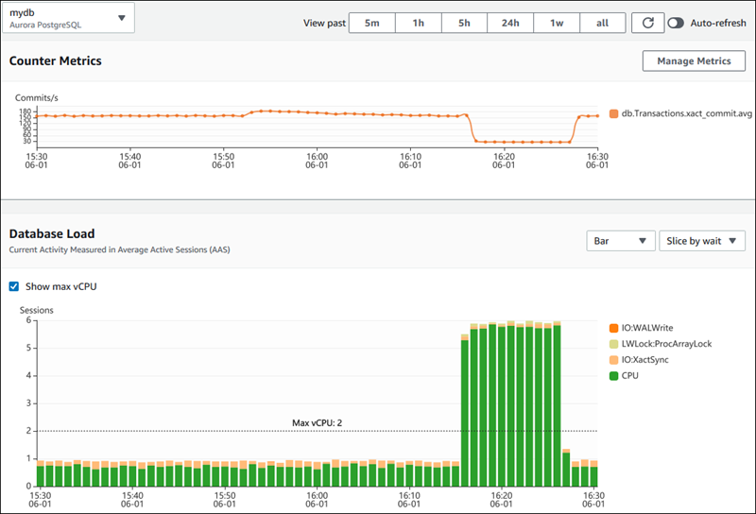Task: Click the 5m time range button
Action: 372,23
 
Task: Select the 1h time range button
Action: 418,23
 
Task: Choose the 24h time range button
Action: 510,23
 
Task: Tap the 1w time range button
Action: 557,23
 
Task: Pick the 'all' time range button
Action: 602,23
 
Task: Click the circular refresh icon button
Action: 646,23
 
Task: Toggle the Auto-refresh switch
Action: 677,23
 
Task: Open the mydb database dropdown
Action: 68,18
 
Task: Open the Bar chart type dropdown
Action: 620,241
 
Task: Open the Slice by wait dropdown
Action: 702,241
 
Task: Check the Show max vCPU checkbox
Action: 13,286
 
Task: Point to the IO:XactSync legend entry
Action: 647,360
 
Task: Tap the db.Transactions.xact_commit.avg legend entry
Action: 680,113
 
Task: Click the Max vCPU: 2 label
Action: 317,422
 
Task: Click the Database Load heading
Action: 52,233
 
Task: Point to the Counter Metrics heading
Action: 56,60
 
